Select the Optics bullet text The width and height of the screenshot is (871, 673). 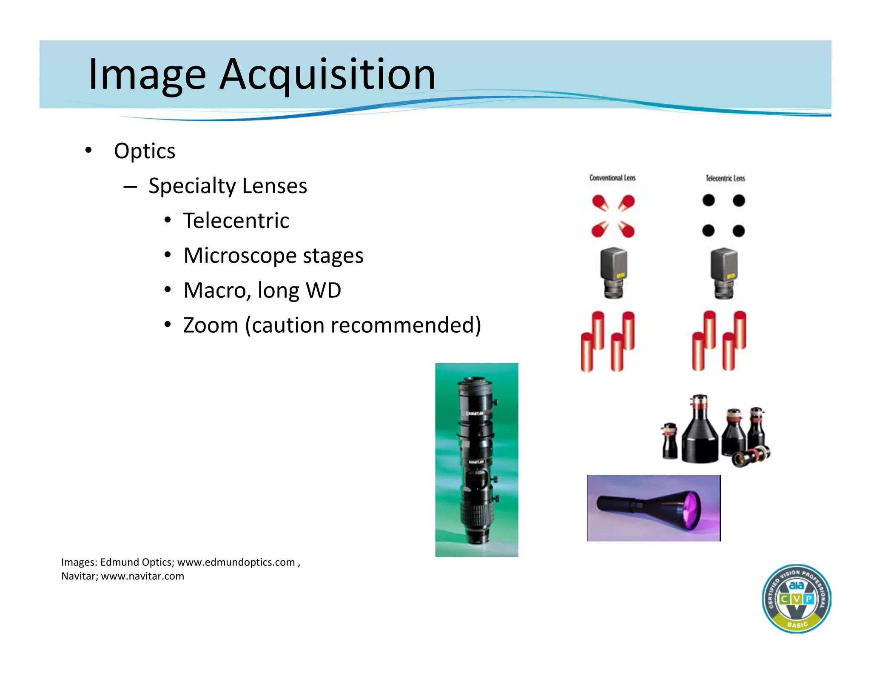tap(145, 151)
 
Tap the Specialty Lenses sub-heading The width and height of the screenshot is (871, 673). tap(228, 186)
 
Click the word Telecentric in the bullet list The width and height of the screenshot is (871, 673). tap(236, 221)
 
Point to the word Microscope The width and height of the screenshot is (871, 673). tap(240, 256)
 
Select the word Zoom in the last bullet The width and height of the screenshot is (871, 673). tap(211, 325)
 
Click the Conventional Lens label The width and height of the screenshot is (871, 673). tap(612, 178)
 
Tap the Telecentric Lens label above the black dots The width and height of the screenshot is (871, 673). tap(725, 178)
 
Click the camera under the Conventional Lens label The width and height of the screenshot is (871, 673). tap(613, 272)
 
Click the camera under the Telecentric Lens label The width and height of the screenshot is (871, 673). tap(724, 272)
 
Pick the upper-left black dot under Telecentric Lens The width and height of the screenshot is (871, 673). tap(709, 200)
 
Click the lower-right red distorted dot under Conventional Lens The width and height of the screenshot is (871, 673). tap(626, 230)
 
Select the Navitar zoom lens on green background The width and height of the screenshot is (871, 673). tap(476, 459)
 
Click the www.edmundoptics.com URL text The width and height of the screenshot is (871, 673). tap(236, 562)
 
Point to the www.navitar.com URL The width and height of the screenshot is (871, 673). tap(142, 576)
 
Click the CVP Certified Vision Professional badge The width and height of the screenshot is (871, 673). tap(796, 599)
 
